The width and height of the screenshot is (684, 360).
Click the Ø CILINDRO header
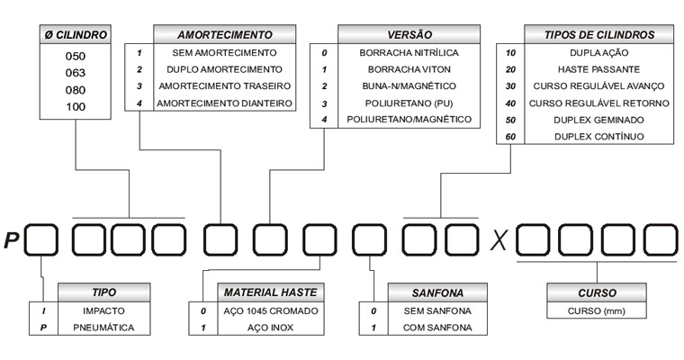tap(76, 35)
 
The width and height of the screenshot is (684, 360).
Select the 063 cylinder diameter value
tap(76, 73)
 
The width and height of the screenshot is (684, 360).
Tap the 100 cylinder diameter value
tap(76, 107)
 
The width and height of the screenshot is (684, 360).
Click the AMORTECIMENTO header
tap(225, 35)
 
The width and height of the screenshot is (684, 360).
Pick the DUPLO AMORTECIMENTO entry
tap(224, 69)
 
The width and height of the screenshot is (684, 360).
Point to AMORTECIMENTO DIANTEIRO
tap(224, 103)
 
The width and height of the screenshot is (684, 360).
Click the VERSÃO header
tap(409, 35)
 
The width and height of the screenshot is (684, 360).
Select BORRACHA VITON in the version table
tap(409, 69)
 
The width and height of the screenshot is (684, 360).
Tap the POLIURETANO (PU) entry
tap(409, 103)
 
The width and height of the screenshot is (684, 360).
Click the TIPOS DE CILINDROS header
tap(598, 35)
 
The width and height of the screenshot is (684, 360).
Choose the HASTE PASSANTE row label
tap(598, 69)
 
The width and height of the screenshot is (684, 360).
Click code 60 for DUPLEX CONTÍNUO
tap(510, 137)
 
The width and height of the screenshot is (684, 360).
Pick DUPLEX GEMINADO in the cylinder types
tap(598, 120)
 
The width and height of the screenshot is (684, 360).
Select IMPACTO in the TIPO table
tap(103, 311)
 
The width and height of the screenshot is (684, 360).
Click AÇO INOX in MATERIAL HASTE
tap(271, 328)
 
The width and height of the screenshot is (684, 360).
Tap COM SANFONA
tap(437, 328)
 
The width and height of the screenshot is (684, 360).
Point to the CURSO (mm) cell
tap(597, 311)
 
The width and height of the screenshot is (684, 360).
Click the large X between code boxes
tap(499, 240)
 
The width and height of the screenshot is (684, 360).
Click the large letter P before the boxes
tap(12, 240)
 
